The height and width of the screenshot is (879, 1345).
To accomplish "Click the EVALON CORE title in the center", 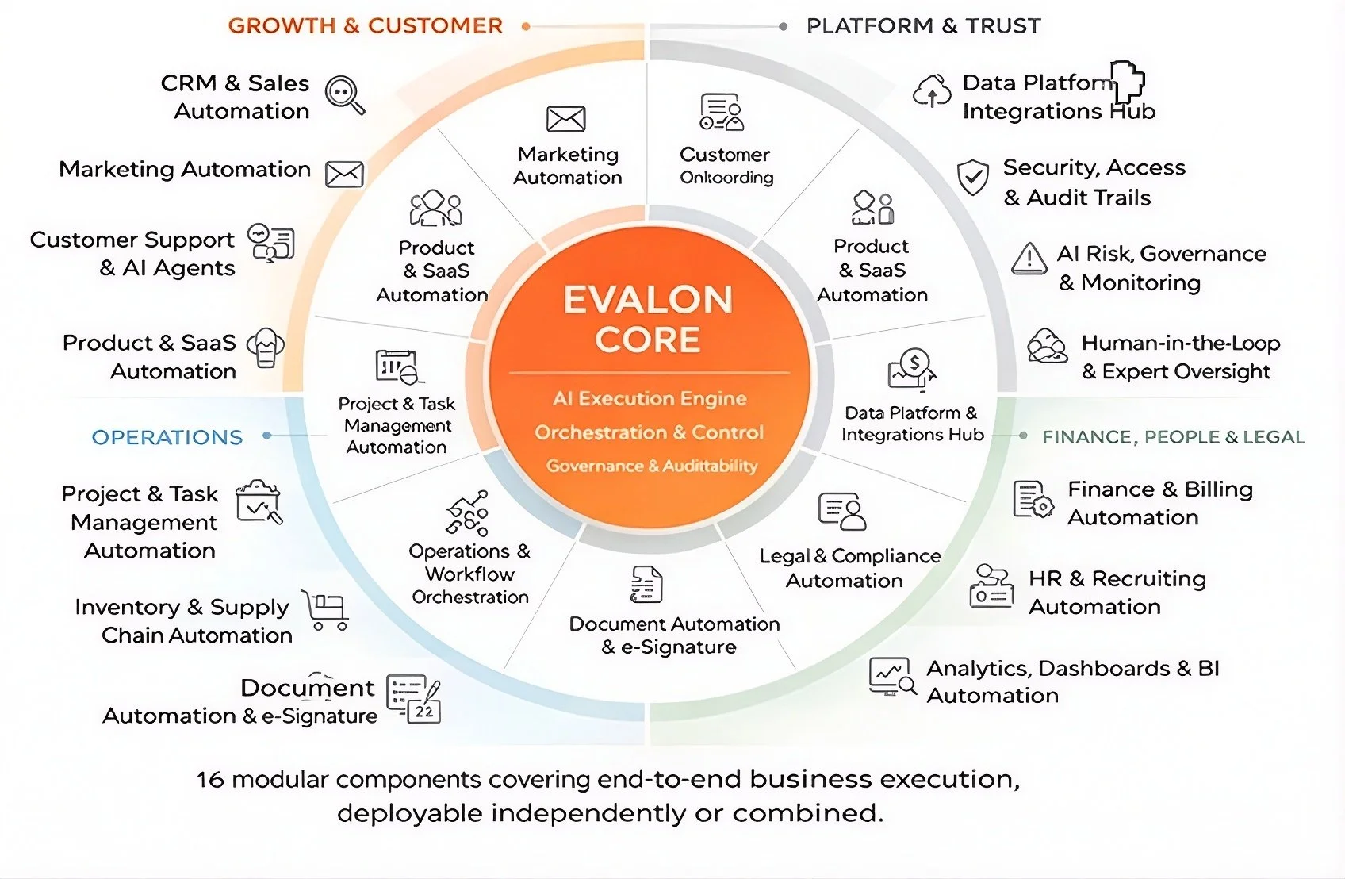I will point(648,319).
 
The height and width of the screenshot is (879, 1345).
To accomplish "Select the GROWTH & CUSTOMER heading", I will point(366,26).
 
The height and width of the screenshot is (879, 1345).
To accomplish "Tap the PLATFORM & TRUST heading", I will point(923,26).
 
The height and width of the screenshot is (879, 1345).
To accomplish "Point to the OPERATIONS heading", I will point(167,437).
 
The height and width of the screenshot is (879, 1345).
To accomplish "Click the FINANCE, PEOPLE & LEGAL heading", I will point(1173,437).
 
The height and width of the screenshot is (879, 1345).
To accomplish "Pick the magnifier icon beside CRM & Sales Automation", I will point(345,95).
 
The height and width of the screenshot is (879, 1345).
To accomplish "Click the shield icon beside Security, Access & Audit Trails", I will point(972,177).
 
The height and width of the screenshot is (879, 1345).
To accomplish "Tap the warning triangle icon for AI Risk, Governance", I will point(1029,259).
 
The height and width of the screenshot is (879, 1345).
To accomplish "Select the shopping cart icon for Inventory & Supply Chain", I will point(326,610).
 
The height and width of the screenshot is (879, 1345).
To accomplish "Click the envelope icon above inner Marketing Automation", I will point(566,119).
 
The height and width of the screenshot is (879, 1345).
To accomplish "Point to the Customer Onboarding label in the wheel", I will point(726,166).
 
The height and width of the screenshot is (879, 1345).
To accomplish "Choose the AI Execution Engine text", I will point(650,398).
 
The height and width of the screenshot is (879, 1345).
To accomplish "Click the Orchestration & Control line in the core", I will point(649,432).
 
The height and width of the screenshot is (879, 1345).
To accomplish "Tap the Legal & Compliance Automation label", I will point(849,568).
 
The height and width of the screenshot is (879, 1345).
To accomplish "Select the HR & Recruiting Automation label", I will point(1117,593).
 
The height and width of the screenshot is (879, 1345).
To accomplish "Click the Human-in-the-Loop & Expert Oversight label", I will point(1180,357).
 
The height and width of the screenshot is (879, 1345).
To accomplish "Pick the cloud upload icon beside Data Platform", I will point(932,91).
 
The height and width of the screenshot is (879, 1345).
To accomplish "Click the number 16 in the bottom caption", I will point(210,780).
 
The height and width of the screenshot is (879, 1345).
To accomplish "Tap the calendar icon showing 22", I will point(424,711).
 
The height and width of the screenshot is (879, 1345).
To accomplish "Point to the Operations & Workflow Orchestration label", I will point(469,574).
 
